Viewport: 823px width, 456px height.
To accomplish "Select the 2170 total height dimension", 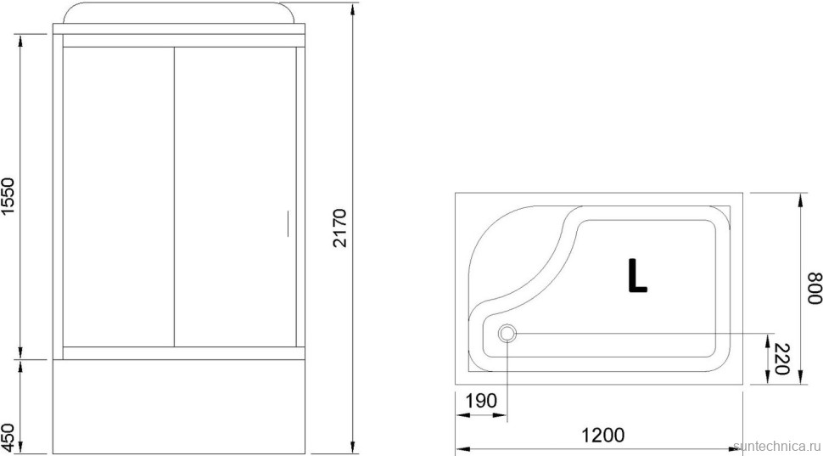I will (x=339, y=227).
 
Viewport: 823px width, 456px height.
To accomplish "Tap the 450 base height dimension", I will (x=8, y=436).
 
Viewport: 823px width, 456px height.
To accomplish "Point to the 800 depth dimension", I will (x=813, y=289).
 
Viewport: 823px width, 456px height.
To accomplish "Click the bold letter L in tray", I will (x=636, y=274).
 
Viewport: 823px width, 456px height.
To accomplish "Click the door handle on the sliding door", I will (x=288, y=222).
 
